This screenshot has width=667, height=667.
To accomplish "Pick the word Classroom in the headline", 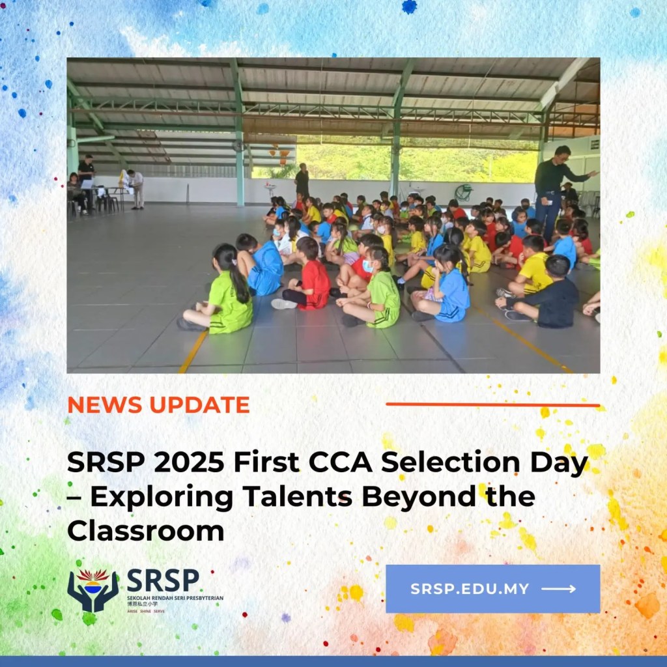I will pos(145,530).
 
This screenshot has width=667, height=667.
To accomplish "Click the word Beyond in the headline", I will pos(421,497).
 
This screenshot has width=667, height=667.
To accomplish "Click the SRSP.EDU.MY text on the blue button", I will pos(470,589).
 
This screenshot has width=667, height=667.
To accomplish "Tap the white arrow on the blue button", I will pos(559,589).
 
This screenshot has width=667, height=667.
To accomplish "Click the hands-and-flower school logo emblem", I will pos(93,590).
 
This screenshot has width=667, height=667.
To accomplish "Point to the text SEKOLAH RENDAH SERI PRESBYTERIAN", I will pos(175,597).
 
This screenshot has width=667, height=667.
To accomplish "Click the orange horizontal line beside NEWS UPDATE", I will pos(492,404).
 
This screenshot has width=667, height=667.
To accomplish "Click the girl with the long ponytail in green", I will pos(225,292).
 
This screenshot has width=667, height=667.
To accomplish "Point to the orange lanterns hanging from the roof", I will pos(280,154).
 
